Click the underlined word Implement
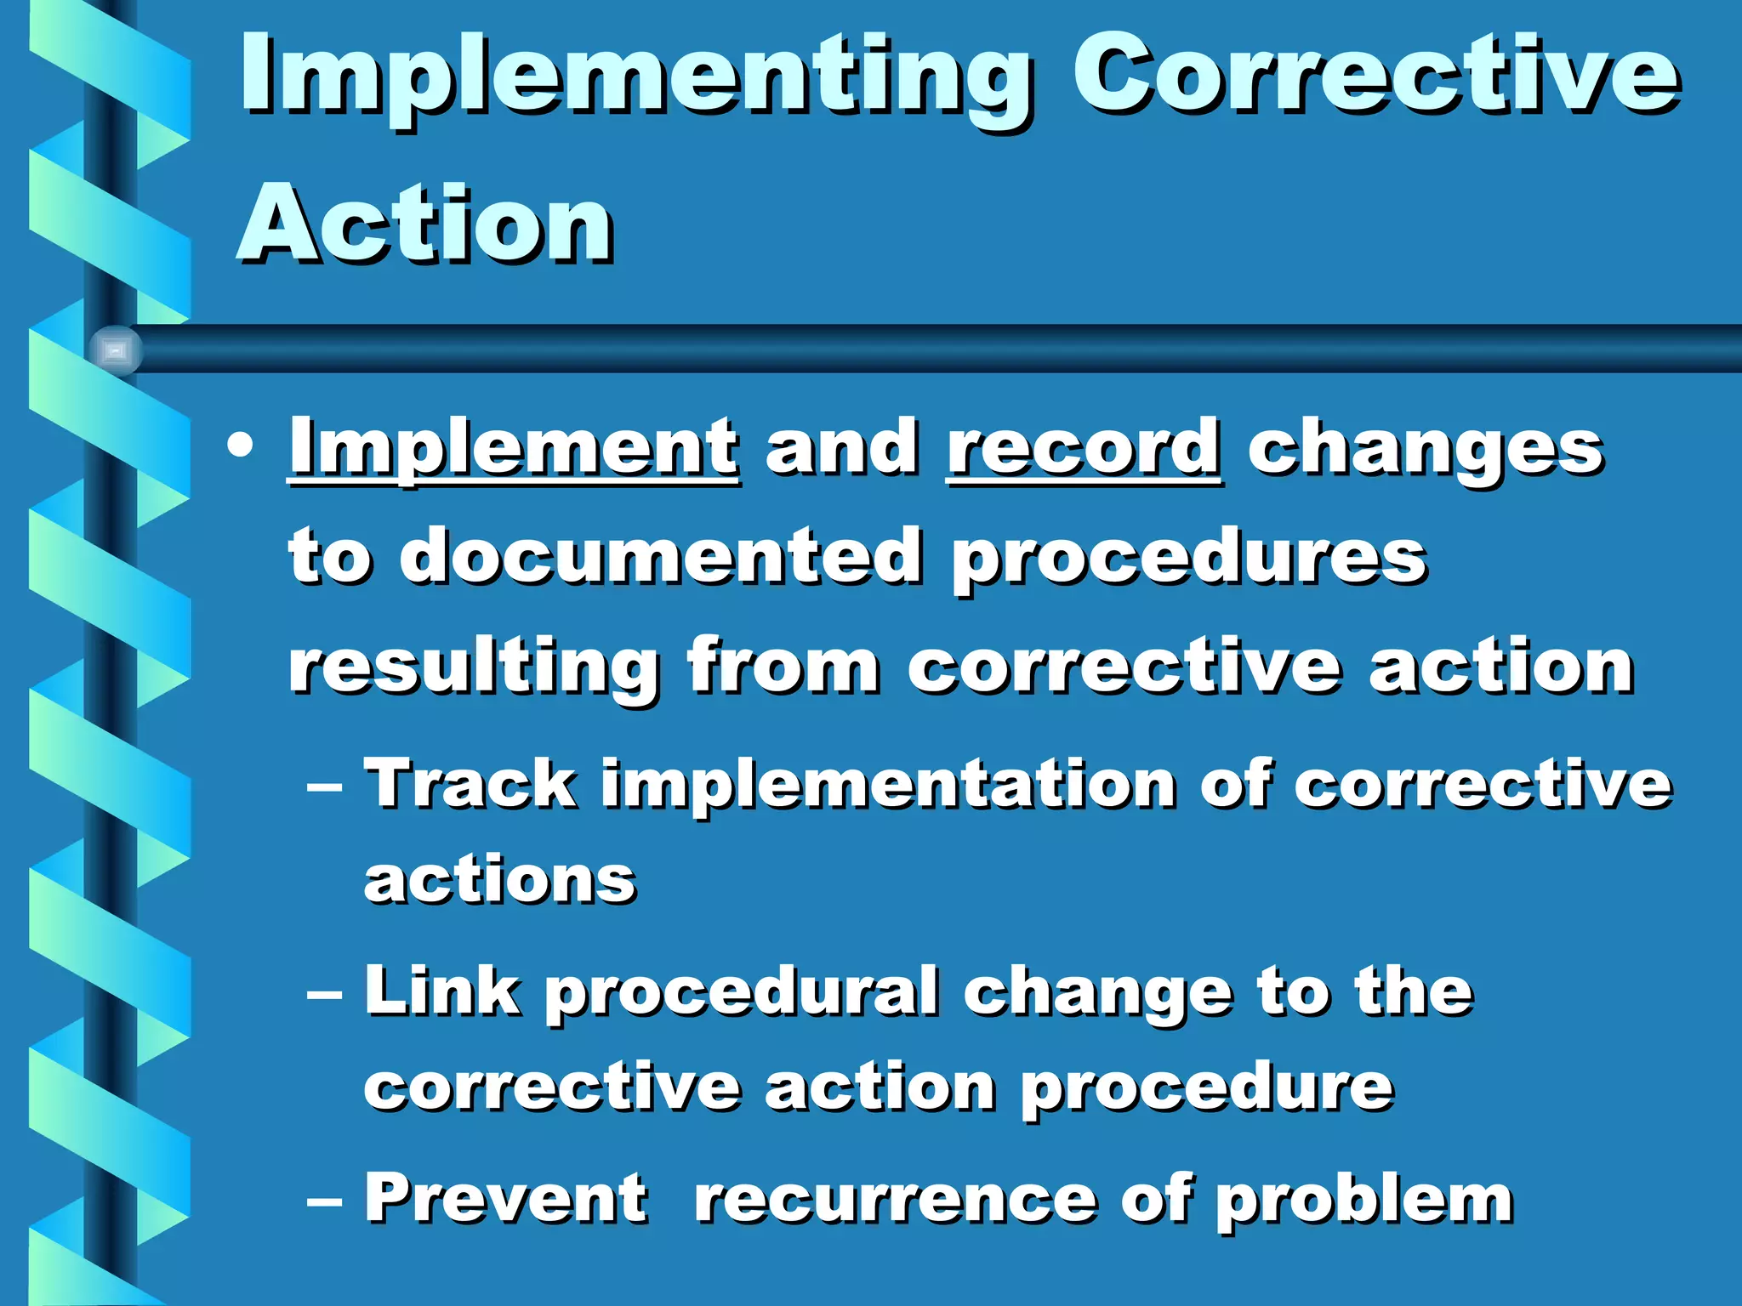tap(514, 448)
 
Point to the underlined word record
tap(1084, 448)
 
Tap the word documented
tap(661, 557)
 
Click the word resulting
tap(473, 668)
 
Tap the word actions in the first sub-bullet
tap(500, 880)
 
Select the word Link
tap(442, 991)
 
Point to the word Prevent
tap(506, 1198)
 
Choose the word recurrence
tap(896, 1200)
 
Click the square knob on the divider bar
tap(116, 350)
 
